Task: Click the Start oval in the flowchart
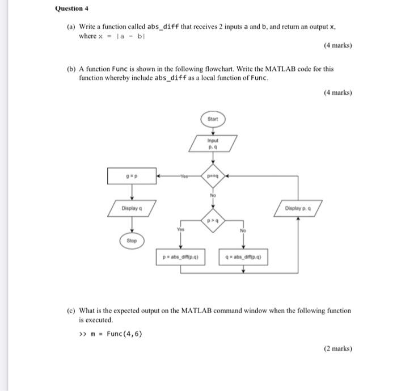(x=213, y=119)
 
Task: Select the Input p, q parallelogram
(x=213, y=143)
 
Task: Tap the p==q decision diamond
(x=213, y=176)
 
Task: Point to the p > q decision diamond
(x=213, y=219)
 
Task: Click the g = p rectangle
(x=133, y=176)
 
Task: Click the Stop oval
(x=133, y=241)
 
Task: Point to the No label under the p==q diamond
(x=213, y=195)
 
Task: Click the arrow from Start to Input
(x=213, y=130)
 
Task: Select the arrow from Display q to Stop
(x=133, y=225)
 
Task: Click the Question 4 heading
(x=72, y=9)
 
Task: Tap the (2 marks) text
(x=337, y=349)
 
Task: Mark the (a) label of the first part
(x=71, y=27)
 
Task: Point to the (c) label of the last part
(x=71, y=310)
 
